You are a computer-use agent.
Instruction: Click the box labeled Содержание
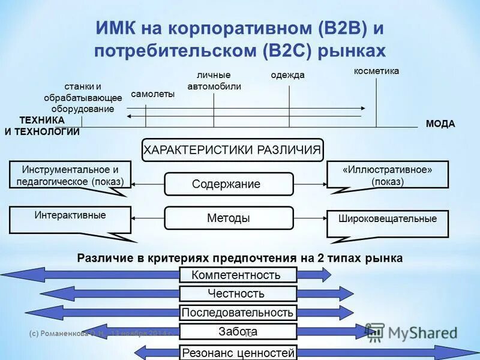pyautogui.click(x=229, y=184)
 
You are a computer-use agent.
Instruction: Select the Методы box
pyautogui.click(x=229, y=218)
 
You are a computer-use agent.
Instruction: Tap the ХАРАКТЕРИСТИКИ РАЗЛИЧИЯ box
pyautogui.click(x=232, y=150)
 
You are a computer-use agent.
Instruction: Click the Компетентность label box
pyautogui.click(x=238, y=275)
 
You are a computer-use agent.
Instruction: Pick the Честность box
pyautogui.click(x=238, y=294)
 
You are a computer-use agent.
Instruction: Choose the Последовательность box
pyautogui.click(x=238, y=313)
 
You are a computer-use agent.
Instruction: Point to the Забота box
pyautogui.click(x=238, y=331)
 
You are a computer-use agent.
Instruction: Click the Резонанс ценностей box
pyautogui.click(x=238, y=352)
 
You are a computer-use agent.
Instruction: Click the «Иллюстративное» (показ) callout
pyautogui.click(x=388, y=175)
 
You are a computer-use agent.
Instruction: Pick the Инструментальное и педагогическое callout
pyautogui.click(x=70, y=175)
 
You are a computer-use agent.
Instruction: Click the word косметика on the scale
pyautogui.click(x=376, y=71)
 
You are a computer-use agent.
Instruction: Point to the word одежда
pyautogui.click(x=288, y=75)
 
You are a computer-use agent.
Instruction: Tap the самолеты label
pyautogui.click(x=152, y=94)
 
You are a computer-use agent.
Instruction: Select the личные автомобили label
pyautogui.click(x=214, y=80)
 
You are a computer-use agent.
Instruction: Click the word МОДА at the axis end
pyautogui.click(x=440, y=124)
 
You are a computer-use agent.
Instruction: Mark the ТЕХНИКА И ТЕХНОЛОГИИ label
pyautogui.click(x=42, y=127)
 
